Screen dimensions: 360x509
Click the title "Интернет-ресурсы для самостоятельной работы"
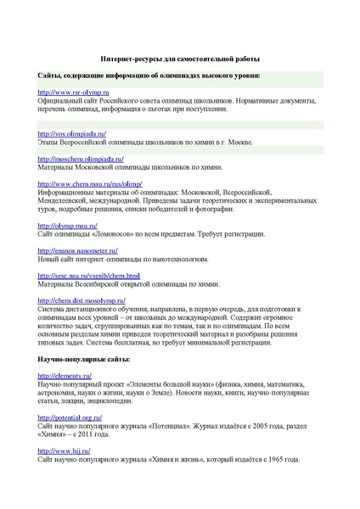tap(180, 59)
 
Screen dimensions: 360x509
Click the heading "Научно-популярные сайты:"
tap(84, 360)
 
